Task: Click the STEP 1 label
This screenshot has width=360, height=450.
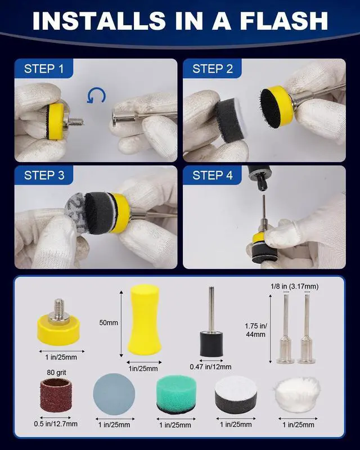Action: point(44,69)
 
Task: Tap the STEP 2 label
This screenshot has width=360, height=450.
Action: point(213,69)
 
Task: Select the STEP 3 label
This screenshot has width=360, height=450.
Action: point(44,175)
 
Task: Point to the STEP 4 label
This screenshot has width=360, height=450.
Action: point(213,175)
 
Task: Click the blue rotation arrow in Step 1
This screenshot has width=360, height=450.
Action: point(96,96)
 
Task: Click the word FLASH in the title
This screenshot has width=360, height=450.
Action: point(284,21)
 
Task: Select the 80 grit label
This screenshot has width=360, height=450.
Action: point(56,372)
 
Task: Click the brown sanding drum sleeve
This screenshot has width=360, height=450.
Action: point(56,395)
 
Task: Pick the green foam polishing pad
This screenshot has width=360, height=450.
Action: point(176,395)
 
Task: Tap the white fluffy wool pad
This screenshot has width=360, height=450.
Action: point(298,395)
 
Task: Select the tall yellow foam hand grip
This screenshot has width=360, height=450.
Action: point(144,319)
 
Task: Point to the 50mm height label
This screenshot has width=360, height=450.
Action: point(109,322)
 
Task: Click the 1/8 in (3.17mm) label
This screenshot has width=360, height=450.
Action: point(295,286)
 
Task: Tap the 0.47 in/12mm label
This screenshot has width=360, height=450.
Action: point(210,367)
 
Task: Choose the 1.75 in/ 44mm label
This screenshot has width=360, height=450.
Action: point(256,330)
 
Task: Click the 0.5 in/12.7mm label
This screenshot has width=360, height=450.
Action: point(56,424)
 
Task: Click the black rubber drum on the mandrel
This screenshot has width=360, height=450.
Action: point(211,344)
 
